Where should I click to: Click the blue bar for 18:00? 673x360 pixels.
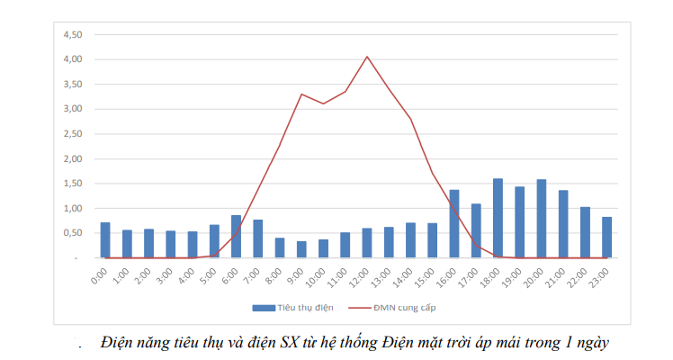click(x=498, y=219)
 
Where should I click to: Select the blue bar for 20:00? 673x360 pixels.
click(x=541, y=219)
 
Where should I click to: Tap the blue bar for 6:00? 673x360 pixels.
click(x=236, y=237)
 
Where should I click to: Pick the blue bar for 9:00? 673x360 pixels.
click(x=301, y=249)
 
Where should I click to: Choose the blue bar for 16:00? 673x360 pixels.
click(x=453, y=224)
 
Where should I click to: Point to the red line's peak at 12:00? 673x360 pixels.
click(x=367, y=57)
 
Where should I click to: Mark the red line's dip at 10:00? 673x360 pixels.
click(x=323, y=103)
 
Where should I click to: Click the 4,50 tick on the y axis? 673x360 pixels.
click(x=70, y=34)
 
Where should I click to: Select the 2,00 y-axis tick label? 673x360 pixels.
click(x=70, y=159)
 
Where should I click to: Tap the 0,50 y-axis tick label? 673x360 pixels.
click(x=70, y=233)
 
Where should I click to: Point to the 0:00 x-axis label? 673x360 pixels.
click(x=103, y=274)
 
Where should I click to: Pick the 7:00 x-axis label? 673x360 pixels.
click(x=256, y=274)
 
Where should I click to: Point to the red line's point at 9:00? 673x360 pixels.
click(x=301, y=94)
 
